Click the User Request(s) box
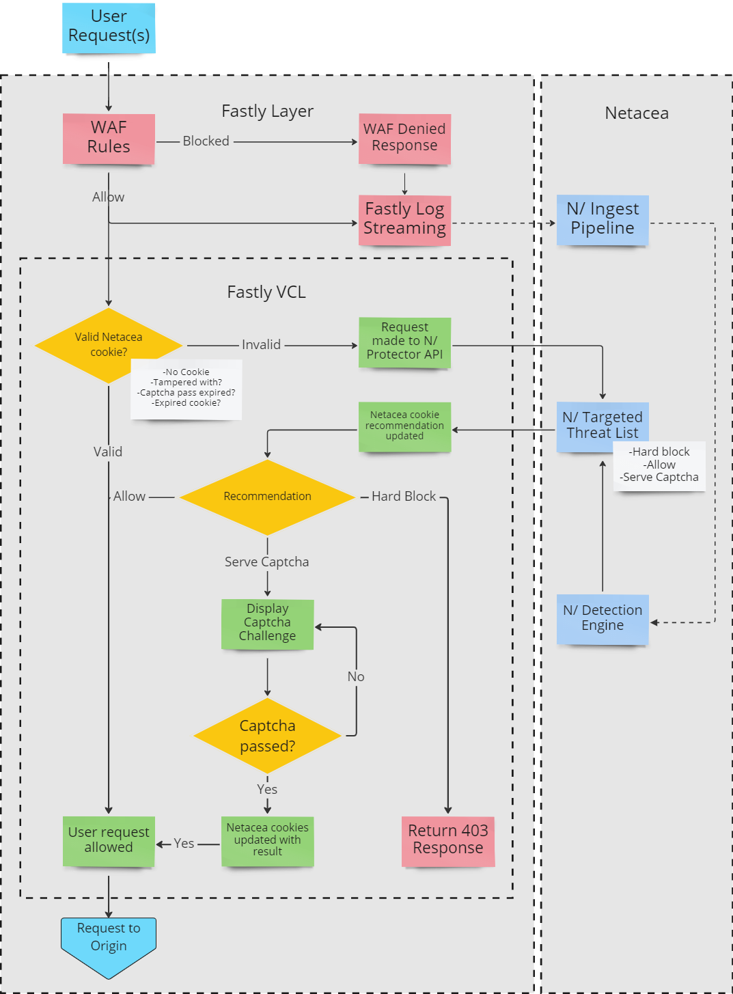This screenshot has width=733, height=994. tap(109, 27)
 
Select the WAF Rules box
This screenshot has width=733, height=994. tap(109, 138)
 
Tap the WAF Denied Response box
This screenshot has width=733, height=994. tap(404, 138)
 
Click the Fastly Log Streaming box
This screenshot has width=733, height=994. tap(404, 219)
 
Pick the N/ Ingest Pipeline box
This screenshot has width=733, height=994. tap(602, 219)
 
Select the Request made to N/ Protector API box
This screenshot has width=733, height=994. tap(404, 342)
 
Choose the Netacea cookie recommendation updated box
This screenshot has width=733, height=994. tap(404, 426)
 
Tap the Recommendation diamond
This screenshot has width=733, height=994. tap(267, 497)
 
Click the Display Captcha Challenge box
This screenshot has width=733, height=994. tap(267, 623)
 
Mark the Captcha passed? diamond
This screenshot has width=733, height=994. tap(267, 736)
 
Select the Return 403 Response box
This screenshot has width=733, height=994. tap(447, 840)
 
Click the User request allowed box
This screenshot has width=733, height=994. tap(109, 840)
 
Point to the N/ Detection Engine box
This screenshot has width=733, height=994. tap(602, 619)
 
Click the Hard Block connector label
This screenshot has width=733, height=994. tap(403, 497)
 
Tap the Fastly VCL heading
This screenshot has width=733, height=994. tap(266, 292)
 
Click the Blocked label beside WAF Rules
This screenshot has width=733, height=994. tap(206, 141)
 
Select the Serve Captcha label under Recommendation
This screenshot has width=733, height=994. tap(266, 562)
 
